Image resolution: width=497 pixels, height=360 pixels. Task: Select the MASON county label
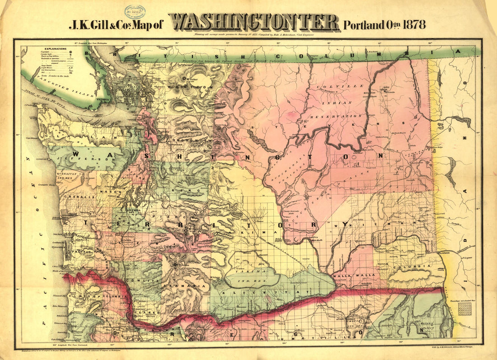114,192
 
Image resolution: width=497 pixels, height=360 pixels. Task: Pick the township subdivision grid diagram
464,309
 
